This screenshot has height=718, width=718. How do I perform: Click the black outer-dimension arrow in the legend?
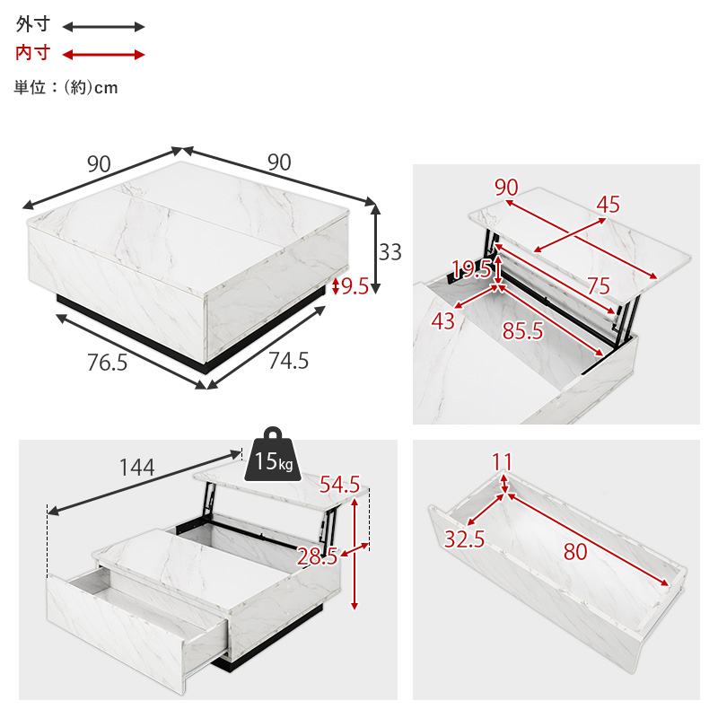click(103, 27)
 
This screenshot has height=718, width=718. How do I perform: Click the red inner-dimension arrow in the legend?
click(103, 55)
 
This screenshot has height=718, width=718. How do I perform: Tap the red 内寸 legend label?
click(32, 53)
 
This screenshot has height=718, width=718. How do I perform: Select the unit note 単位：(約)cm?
click(66, 87)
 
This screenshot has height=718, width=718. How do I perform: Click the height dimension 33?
click(390, 252)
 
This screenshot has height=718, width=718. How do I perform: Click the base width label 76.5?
click(107, 363)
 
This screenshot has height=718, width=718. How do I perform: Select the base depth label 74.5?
click(288, 361)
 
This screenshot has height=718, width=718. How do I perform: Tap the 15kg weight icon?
click(273, 454)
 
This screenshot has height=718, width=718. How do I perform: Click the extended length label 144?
click(137, 468)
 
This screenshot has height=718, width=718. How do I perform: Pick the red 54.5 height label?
click(339, 485)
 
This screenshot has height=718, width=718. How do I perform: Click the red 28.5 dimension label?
click(318, 556)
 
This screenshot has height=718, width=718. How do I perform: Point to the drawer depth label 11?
click(502, 462)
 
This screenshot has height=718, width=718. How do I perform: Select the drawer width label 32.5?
click(464, 539)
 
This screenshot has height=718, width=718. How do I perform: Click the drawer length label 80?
click(575, 551)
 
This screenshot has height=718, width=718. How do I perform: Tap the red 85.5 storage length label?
click(523, 330)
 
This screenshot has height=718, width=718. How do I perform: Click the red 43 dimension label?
click(442, 321)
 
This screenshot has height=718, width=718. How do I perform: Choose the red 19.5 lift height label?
click(471, 268)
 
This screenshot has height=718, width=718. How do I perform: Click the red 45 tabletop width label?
click(609, 205)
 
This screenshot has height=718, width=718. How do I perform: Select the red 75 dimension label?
click(599, 285)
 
